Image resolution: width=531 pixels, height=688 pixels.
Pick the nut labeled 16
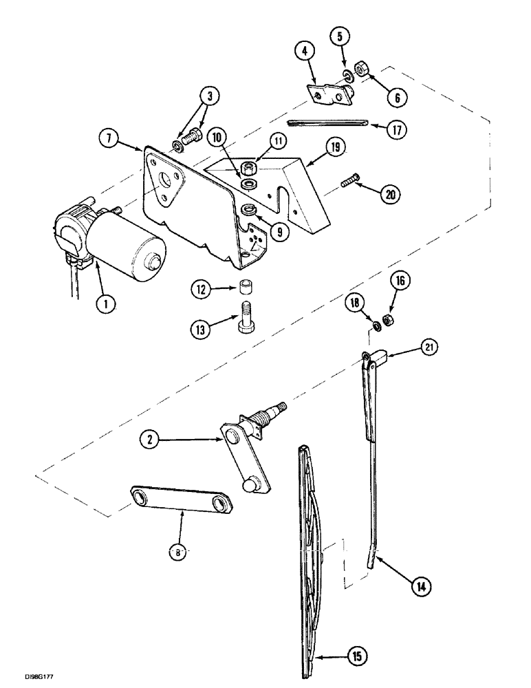tap(387, 320)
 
